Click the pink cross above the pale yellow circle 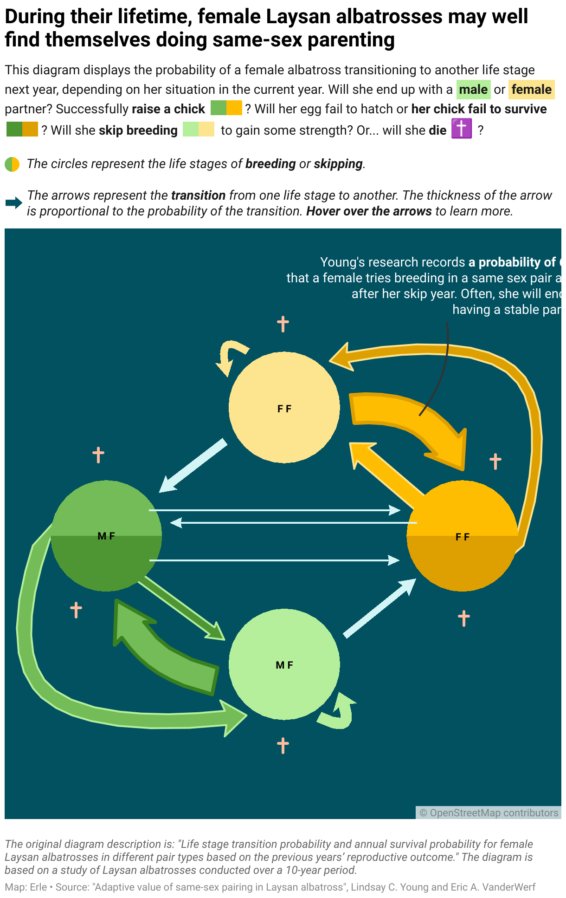tap(283, 324)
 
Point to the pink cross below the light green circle tap(283, 745)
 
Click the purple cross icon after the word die tap(461, 129)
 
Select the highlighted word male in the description tap(473, 90)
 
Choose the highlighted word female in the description tap(532, 90)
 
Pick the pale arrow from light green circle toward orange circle tap(379, 608)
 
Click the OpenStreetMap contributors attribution tap(489, 813)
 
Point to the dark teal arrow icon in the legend tap(13, 202)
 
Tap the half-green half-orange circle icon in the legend tap(12, 164)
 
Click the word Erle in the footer tap(38, 887)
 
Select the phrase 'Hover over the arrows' tap(369, 211)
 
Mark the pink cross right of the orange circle tap(495, 461)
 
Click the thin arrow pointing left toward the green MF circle tap(292, 523)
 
